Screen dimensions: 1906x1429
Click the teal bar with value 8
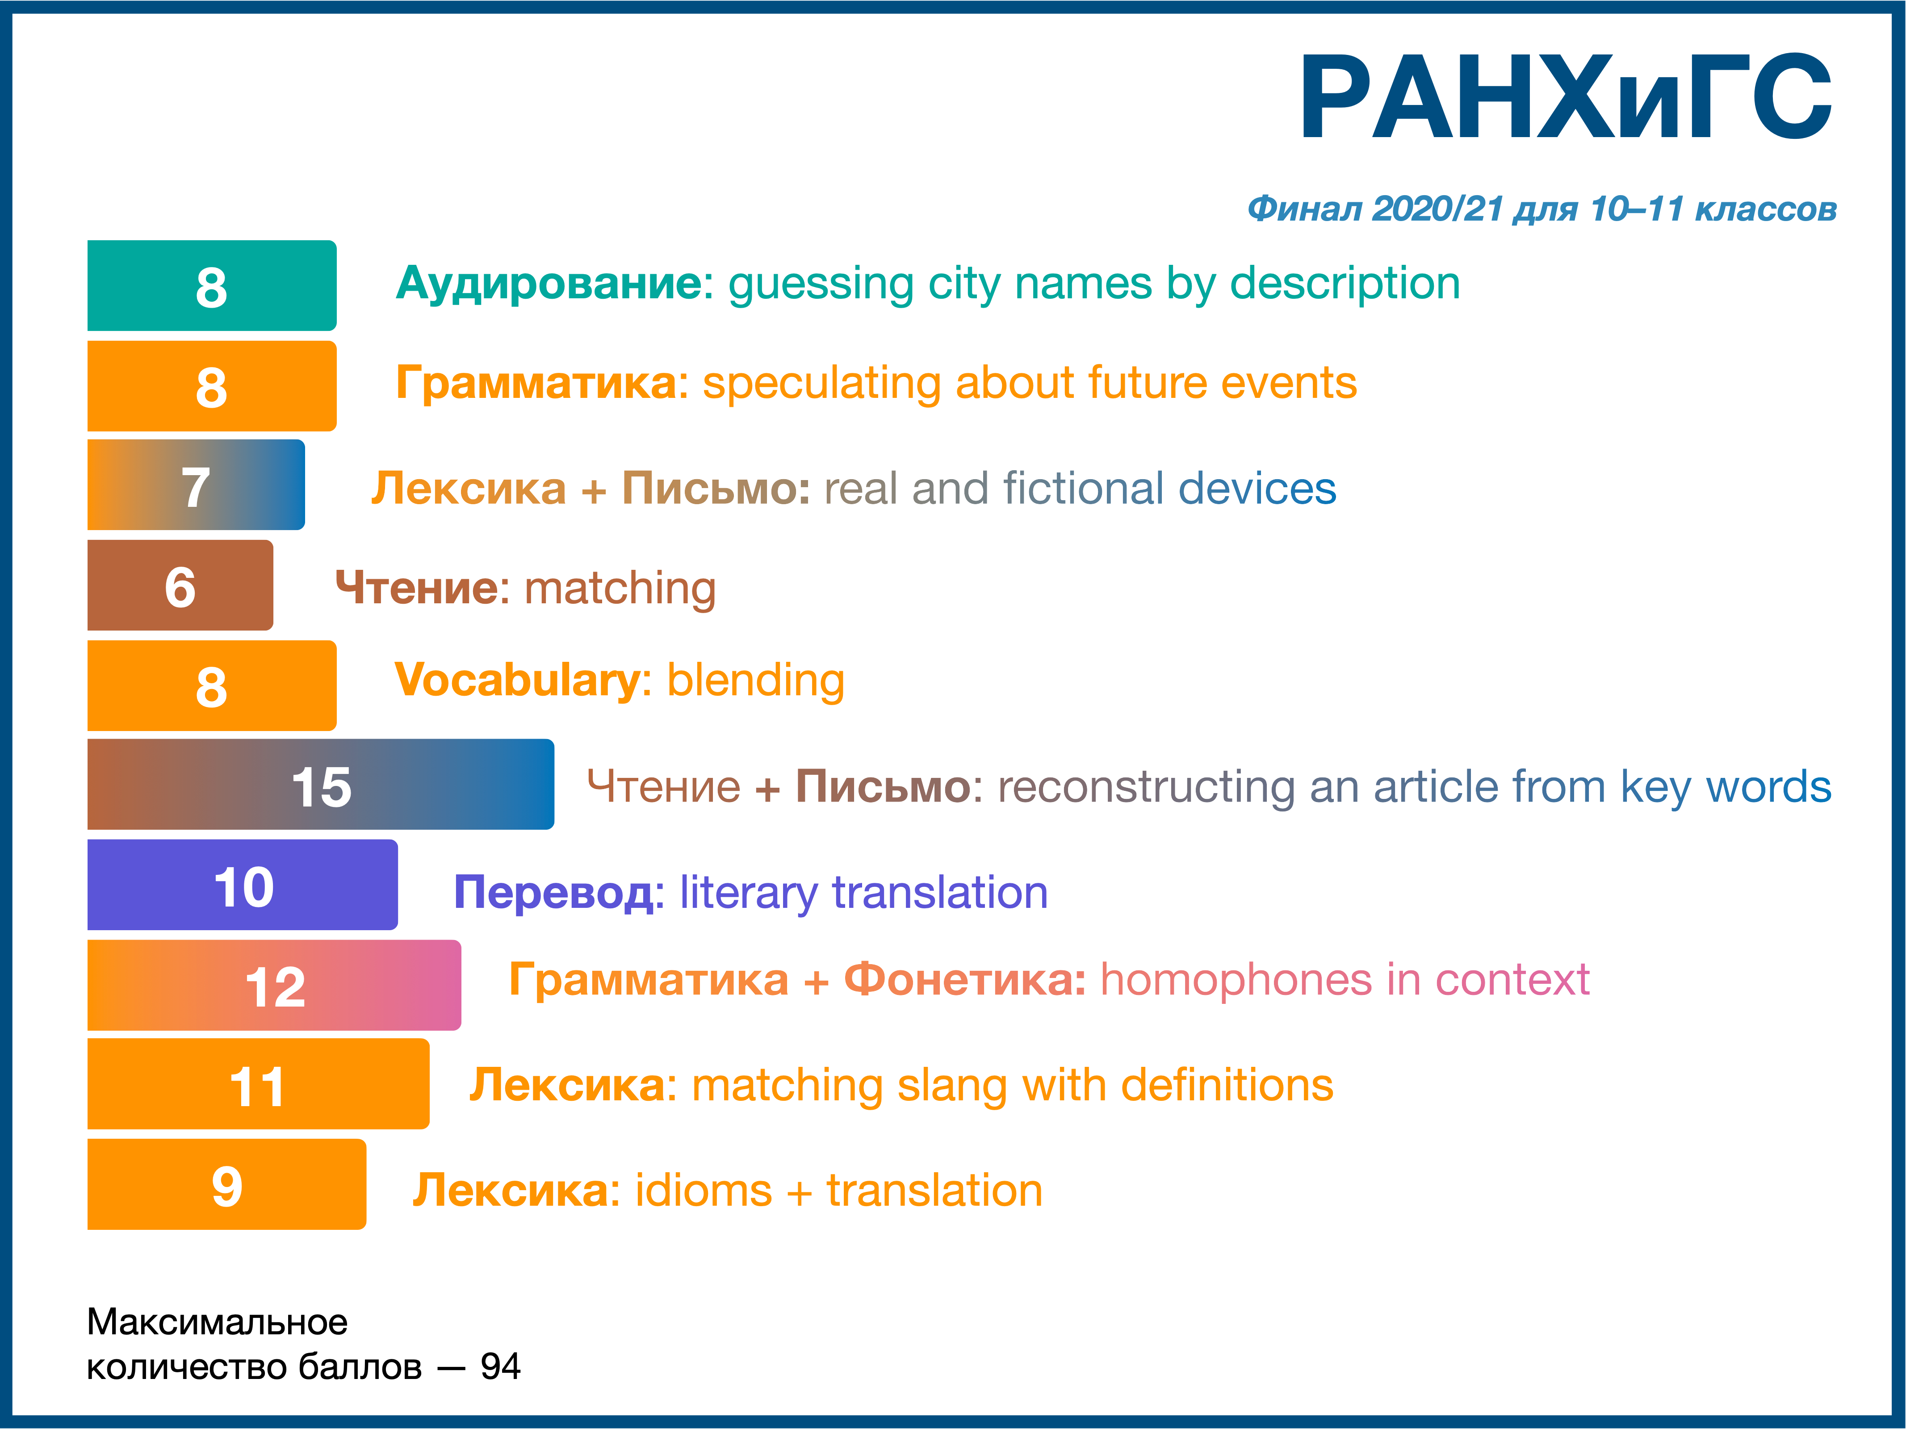tap(212, 285)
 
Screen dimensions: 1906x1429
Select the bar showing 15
tap(321, 784)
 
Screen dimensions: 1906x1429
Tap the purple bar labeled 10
tap(243, 885)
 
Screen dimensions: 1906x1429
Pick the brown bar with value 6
tap(180, 585)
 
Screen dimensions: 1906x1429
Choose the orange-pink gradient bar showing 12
tap(274, 985)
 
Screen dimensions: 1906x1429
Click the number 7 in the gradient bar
tap(196, 488)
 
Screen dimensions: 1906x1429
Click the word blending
tap(756, 681)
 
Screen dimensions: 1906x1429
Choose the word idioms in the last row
tap(703, 1191)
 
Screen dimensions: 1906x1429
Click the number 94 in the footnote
tap(500, 1366)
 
